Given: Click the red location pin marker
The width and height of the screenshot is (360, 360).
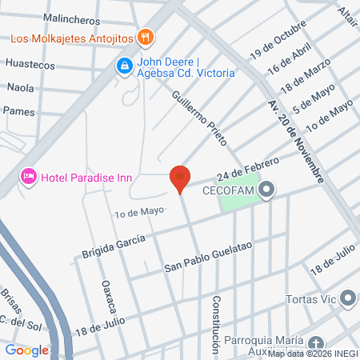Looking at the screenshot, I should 181,178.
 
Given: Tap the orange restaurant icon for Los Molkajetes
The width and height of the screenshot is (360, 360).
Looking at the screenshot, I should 145,36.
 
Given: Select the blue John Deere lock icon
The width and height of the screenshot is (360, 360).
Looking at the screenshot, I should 124,66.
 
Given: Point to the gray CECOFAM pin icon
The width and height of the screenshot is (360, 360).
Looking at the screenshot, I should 267,190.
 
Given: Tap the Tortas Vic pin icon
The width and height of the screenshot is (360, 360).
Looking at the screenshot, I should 347,299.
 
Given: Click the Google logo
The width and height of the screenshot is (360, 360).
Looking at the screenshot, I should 26,350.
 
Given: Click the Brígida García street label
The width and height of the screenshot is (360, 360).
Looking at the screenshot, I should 114,246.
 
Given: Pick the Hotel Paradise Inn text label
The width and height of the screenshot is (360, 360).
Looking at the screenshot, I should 88,177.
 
